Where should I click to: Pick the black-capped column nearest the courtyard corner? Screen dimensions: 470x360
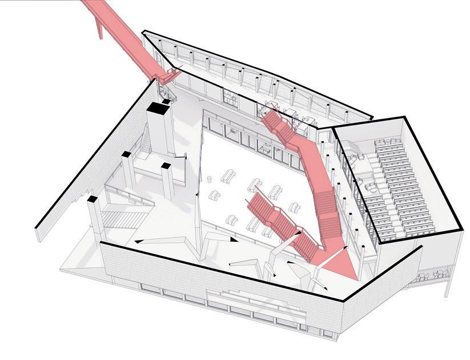166,166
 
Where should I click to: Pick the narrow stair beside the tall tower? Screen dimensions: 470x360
146,140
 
